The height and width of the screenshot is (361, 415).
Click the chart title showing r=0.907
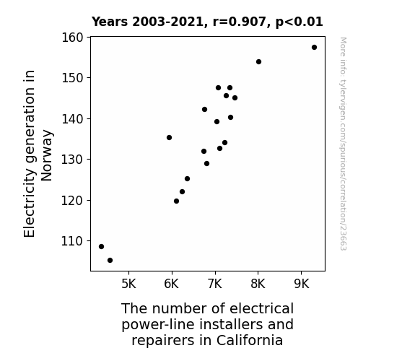(x=207, y=22)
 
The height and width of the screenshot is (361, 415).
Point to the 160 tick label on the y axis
(x=72, y=38)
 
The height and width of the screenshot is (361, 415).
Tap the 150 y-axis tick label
(x=72, y=78)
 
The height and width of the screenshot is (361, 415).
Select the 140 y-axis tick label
(x=72, y=118)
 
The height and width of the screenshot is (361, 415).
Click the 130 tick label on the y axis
(x=72, y=160)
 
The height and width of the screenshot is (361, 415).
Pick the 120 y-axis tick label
(x=72, y=200)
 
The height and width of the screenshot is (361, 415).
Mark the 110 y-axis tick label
(x=72, y=241)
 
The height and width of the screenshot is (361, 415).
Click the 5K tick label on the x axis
(x=129, y=284)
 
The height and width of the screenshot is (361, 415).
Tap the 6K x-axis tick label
(x=172, y=284)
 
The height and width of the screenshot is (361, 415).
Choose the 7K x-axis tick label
(x=215, y=284)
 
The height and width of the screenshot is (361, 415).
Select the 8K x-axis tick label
(x=258, y=284)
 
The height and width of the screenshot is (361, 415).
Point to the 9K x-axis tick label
(x=302, y=284)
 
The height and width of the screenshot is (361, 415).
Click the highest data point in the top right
(x=314, y=48)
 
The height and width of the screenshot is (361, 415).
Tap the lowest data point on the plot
(x=110, y=261)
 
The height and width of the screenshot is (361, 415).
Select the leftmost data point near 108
(x=101, y=247)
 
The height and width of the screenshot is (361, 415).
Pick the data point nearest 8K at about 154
(x=258, y=61)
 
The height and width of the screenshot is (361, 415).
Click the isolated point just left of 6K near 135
(x=169, y=137)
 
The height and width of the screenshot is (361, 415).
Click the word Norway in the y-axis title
(x=47, y=155)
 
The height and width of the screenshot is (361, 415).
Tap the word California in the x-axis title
(x=250, y=340)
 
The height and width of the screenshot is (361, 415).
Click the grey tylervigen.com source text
(x=343, y=144)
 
